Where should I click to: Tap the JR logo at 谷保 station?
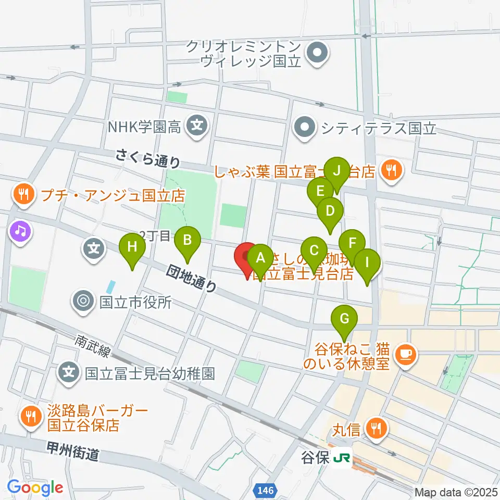[342, 458]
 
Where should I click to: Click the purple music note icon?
[20, 231]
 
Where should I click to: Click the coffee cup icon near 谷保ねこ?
[405, 355]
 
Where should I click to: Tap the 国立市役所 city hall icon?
[82, 301]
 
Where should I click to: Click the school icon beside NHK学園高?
[197, 126]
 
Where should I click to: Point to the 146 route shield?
[266, 490]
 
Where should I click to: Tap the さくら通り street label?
[148, 157]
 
